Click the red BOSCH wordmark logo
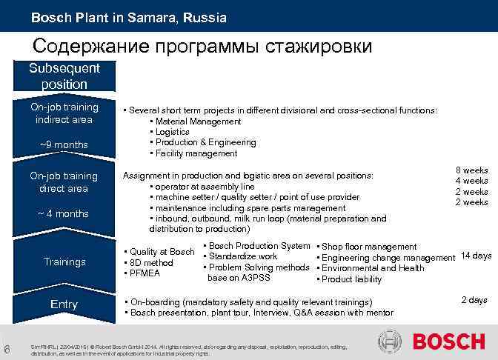[448, 342]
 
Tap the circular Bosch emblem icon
[391, 342]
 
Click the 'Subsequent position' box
[64, 76]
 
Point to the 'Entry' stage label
[64, 304]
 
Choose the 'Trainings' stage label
[64, 261]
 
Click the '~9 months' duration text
[64, 144]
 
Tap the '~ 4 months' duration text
[64, 213]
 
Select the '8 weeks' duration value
[471, 170]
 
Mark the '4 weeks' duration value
[471, 181]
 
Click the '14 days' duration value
[476, 256]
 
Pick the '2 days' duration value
[474, 300]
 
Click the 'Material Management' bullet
[197, 121]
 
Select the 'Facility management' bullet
[196, 153]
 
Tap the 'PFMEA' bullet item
[146, 273]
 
